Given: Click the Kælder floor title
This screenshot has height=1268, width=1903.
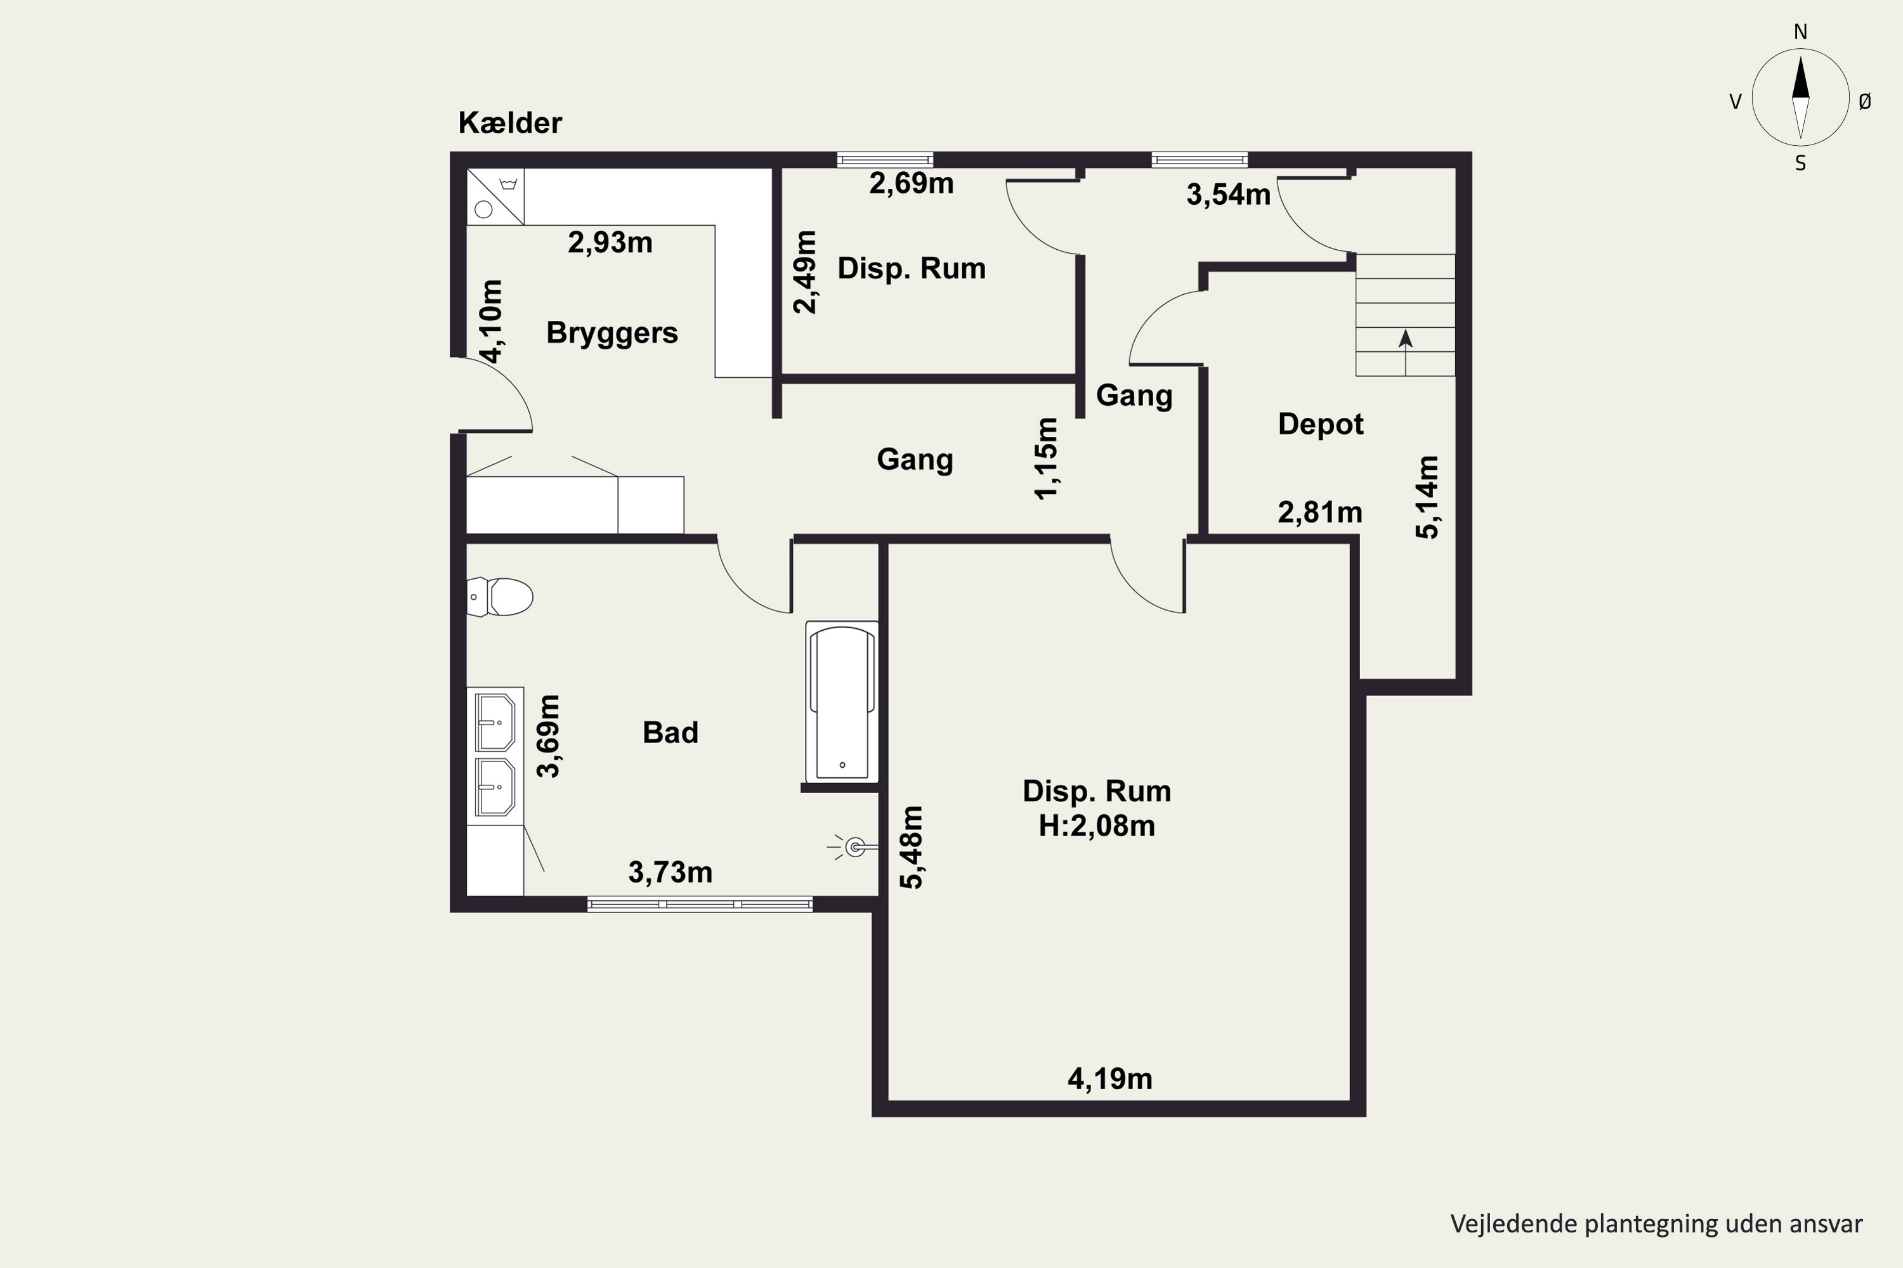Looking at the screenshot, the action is [x=510, y=123].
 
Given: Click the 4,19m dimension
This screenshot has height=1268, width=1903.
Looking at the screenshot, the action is [x=1109, y=1080].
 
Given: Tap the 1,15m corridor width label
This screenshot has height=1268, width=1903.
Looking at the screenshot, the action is [x=1046, y=458].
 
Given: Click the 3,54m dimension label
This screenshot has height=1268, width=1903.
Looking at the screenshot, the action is [x=1228, y=195].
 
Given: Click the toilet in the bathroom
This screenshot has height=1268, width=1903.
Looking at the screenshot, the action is [x=500, y=597].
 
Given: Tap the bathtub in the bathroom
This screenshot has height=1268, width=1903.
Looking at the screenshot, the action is [x=842, y=701].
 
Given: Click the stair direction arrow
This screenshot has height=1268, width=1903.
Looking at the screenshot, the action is [x=1406, y=353].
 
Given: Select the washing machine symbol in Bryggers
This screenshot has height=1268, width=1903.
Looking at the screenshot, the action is [x=495, y=197].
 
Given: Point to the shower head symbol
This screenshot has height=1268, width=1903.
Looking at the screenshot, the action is [x=852, y=848].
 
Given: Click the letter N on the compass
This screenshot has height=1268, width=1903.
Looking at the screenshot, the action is [x=1800, y=32].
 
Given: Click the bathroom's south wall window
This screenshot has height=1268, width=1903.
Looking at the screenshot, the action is [x=700, y=904].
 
